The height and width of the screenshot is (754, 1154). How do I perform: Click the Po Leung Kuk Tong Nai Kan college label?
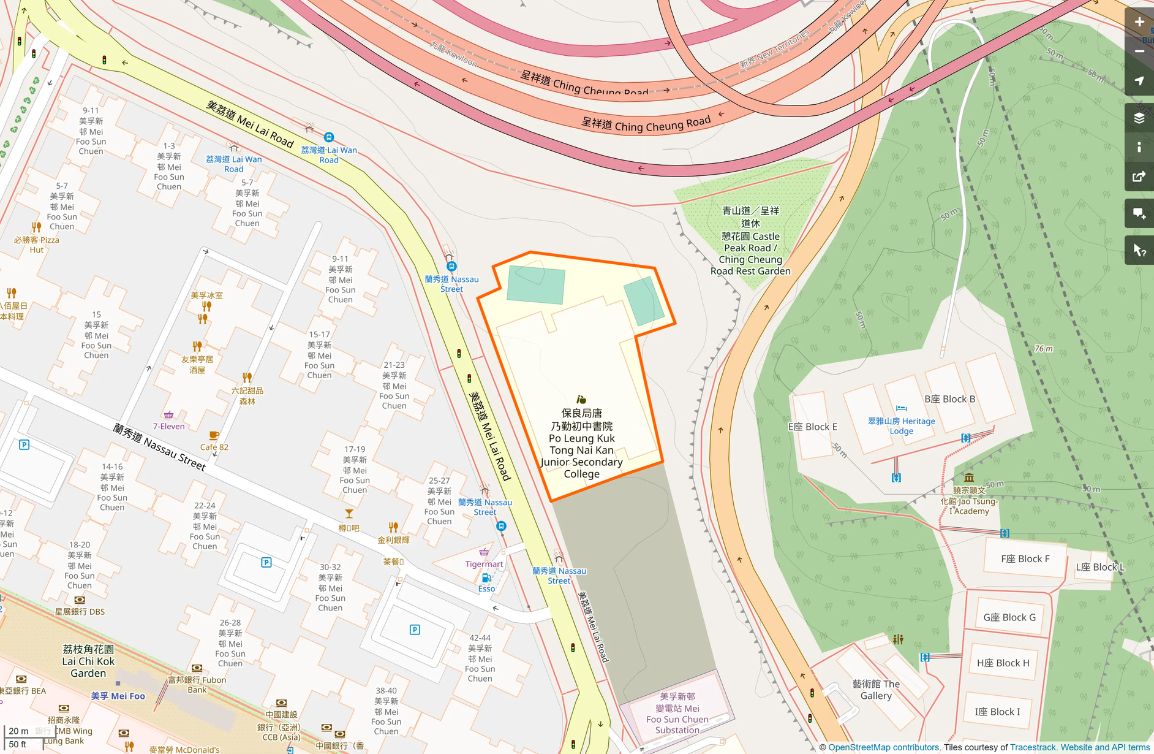(x=581, y=444)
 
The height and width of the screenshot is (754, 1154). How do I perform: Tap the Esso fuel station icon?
(x=486, y=577)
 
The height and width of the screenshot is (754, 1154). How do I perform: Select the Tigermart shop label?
(x=484, y=564)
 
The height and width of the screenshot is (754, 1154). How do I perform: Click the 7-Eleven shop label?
(x=168, y=426)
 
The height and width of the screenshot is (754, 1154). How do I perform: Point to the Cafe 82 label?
(x=214, y=447)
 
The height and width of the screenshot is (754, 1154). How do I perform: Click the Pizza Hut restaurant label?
(x=37, y=245)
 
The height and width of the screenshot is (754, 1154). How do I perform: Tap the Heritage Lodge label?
(x=901, y=425)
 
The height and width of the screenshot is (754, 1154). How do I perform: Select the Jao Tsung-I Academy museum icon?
(x=968, y=477)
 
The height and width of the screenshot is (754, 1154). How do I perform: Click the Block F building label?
(x=1025, y=558)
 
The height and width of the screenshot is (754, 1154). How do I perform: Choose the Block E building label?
(x=812, y=427)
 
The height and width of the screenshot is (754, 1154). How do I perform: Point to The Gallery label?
(x=876, y=690)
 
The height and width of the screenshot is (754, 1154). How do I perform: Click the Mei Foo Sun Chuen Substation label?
(x=677, y=714)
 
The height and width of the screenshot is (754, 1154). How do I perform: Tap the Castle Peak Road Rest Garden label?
(x=750, y=241)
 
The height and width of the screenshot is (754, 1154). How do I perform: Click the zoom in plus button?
(x=1139, y=22)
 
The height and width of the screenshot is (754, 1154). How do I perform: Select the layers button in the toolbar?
(x=1139, y=118)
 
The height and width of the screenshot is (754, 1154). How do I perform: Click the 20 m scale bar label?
(x=18, y=731)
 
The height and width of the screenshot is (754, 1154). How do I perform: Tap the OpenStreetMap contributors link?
(x=883, y=747)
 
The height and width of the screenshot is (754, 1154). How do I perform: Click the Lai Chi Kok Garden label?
(x=88, y=661)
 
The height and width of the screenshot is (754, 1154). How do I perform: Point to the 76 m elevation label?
(x=1043, y=348)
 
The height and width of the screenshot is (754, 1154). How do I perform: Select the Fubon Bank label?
(x=197, y=684)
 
